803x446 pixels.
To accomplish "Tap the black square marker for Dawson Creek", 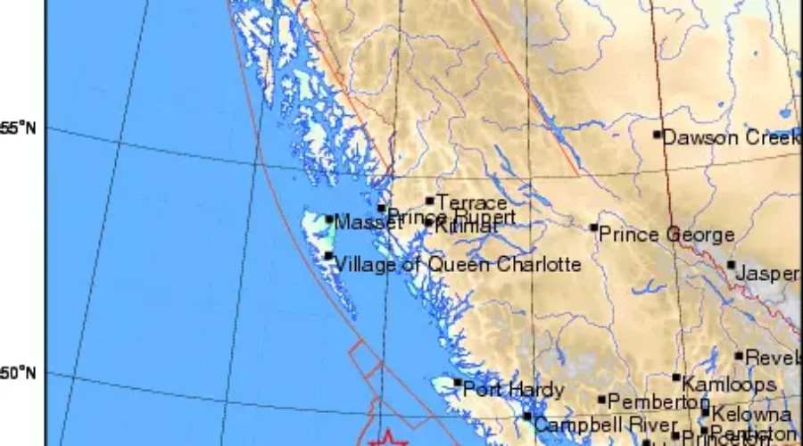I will [657, 135].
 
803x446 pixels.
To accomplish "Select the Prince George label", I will [666, 235].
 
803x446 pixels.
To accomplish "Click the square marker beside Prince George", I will [594, 227].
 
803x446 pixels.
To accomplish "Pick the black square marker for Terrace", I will [430, 202].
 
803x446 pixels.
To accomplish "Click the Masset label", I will [367, 223].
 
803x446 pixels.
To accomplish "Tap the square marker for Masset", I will [329, 219].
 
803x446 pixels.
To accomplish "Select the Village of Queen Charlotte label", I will [457, 264].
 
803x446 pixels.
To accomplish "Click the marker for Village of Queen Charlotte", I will [328, 257].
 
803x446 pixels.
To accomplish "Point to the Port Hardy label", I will [514, 390].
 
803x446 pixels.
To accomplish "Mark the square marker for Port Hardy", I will [458, 384].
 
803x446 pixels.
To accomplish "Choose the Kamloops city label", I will [728, 384].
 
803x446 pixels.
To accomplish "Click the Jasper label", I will [767, 273].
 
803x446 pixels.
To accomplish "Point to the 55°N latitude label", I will [18, 128].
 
